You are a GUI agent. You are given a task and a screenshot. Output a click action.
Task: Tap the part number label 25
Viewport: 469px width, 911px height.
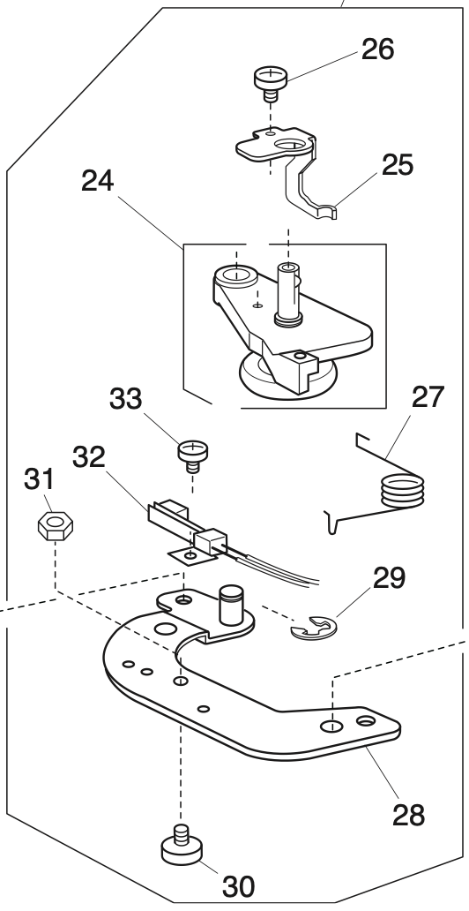[x=397, y=164]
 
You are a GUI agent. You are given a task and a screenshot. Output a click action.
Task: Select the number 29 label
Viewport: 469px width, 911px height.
[x=388, y=578]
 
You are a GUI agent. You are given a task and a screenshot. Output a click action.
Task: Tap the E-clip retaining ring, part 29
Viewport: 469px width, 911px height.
[x=313, y=629]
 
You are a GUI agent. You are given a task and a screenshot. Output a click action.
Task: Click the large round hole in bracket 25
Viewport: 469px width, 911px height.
[x=287, y=144]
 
